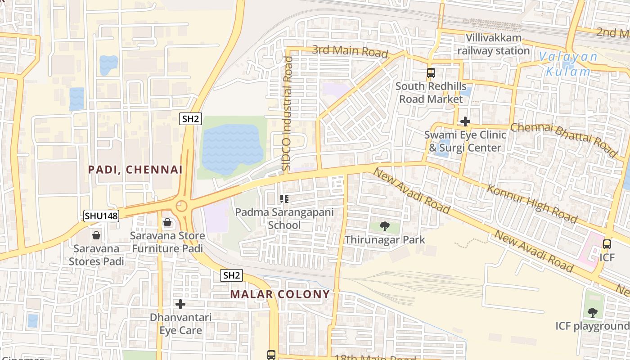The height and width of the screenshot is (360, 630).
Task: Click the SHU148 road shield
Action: pos(101,216)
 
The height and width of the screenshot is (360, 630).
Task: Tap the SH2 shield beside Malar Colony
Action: pos(231,275)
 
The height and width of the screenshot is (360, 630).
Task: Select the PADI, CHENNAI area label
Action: pos(135,170)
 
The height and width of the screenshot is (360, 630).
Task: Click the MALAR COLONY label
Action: pos(280,294)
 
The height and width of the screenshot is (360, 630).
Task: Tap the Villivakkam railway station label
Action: pos(493,45)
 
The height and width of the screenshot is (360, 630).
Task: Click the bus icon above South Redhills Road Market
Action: pos(431,72)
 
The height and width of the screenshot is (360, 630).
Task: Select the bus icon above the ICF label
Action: pos(607,244)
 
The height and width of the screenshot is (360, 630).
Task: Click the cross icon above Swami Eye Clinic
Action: pos(465,121)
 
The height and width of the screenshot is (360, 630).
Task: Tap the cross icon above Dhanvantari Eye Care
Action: pos(180,304)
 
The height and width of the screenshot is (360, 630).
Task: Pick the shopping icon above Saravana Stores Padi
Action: pos(96,235)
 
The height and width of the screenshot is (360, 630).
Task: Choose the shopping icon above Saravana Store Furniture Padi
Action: pos(167,222)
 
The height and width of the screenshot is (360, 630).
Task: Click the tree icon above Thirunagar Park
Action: pos(384,226)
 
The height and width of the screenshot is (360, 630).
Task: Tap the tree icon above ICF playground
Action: pos(593,312)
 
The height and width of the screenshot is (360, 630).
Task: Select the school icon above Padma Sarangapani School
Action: pos(284,199)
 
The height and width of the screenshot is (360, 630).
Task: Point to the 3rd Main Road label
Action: pos(350,51)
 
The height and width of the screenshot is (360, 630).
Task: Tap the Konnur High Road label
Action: pos(532,203)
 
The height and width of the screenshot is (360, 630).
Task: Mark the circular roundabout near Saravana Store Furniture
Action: pos(181,206)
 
